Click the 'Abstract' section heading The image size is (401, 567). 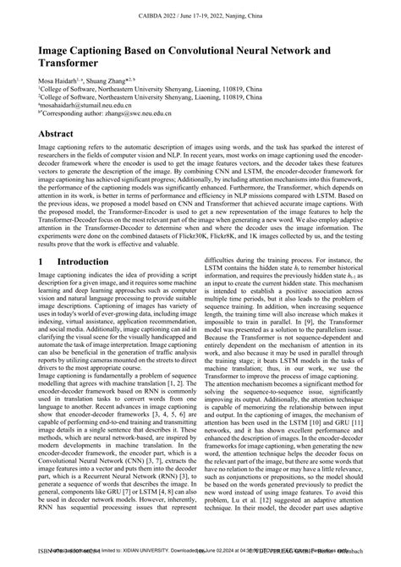(x=60, y=134)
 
